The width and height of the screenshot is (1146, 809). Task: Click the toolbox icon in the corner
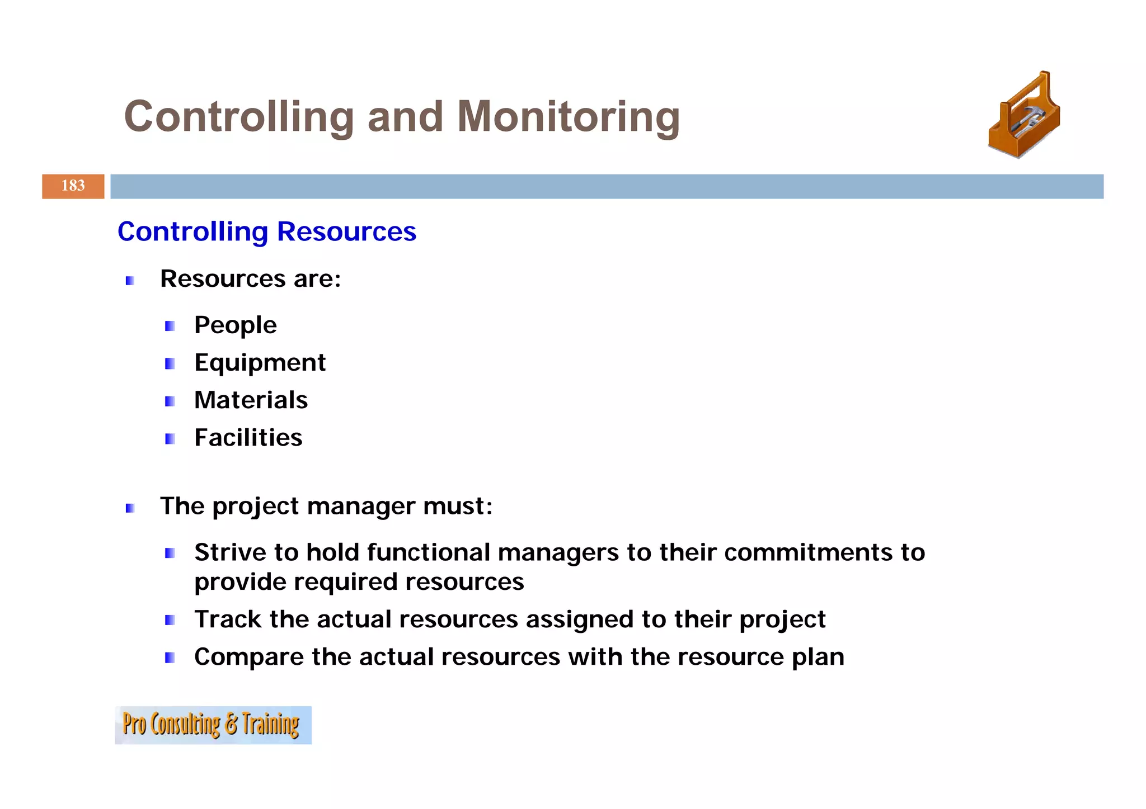click(x=1024, y=115)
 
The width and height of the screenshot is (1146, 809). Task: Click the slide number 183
click(x=73, y=186)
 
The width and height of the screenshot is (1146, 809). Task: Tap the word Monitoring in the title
click(x=568, y=117)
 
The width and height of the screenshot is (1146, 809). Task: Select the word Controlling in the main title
click(x=239, y=117)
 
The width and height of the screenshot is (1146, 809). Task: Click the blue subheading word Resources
click(x=346, y=231)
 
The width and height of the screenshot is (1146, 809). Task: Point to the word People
click(x=235, y=325)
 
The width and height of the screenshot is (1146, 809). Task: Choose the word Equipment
click(x=260, y=363)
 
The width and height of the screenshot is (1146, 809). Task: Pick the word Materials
click(x=251, y=400)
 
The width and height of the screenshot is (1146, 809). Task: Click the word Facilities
click(x=248, y=438)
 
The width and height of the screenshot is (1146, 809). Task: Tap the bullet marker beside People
click(x=170, y=326)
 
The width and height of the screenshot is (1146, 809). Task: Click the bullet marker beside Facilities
click(x=170, y=439)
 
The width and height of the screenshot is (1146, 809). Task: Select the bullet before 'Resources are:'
click(x=130, y=281)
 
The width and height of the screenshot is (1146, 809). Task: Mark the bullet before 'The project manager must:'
click(x=130, y=508)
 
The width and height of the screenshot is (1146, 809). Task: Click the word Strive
click(x=230, y=552)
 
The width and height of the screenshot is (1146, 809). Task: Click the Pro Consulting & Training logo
click(x=213, y=725)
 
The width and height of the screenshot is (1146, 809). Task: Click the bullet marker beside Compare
click(x=170, y=657)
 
